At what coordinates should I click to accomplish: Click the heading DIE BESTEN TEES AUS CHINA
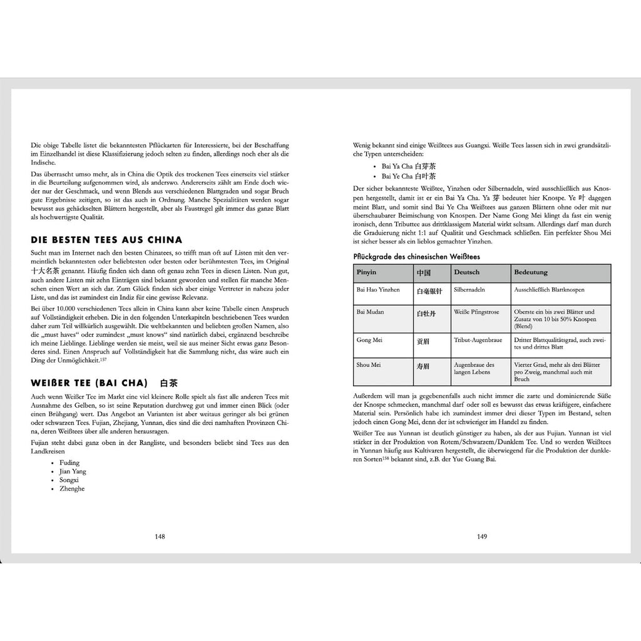pos(106,240)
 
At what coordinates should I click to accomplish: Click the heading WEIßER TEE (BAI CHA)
pos(89,382)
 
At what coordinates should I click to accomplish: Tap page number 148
pos(160,536)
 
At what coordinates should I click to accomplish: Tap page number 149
pos(482,536)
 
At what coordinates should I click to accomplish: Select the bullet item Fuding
pos(69,463)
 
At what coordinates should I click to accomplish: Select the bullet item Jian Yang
pos(73,471)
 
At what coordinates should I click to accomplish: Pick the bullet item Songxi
pos(69,480)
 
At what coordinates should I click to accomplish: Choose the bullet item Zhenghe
pos(71,489)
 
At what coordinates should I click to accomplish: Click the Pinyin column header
pos(367,273)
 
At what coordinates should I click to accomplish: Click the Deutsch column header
pos(466,273)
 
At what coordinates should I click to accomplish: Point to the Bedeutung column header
pos(531,273)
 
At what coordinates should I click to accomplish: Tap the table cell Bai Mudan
pos(371,312)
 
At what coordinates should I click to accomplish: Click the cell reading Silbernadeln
pos(469,290)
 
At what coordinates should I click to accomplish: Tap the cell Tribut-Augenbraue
pos(476,340)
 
